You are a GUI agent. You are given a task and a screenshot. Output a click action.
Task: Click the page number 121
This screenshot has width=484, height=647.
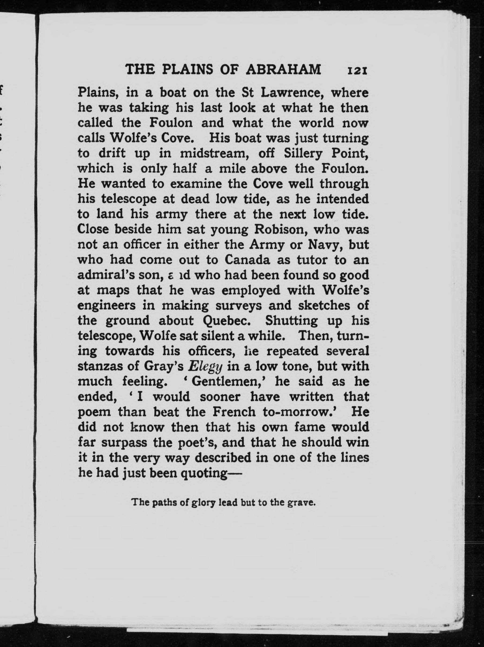click(357, 71)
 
